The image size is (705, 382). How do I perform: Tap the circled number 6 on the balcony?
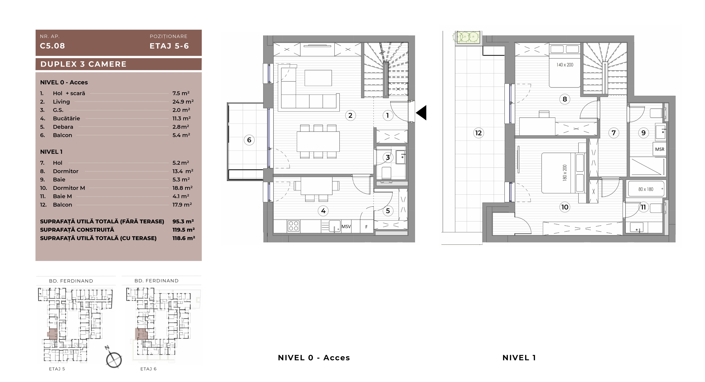click(249, 140)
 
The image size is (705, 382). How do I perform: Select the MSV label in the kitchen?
click(346, 227)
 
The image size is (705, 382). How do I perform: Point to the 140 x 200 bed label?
click(565, 65)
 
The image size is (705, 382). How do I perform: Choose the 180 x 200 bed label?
click(565, 173)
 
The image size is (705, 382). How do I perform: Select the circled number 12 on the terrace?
click(478, 133)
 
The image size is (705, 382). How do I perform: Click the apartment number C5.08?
click(53, 46)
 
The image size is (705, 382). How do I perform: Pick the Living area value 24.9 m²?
click(183, 102)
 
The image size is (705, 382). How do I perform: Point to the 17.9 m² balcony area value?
click(182, 205)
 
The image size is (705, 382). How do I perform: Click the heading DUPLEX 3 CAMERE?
click(84, 64)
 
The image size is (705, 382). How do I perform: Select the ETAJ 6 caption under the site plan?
click(148, 369)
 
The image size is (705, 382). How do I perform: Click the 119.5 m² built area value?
click(184, 230)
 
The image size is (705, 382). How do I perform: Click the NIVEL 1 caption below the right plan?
click(519, 358)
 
